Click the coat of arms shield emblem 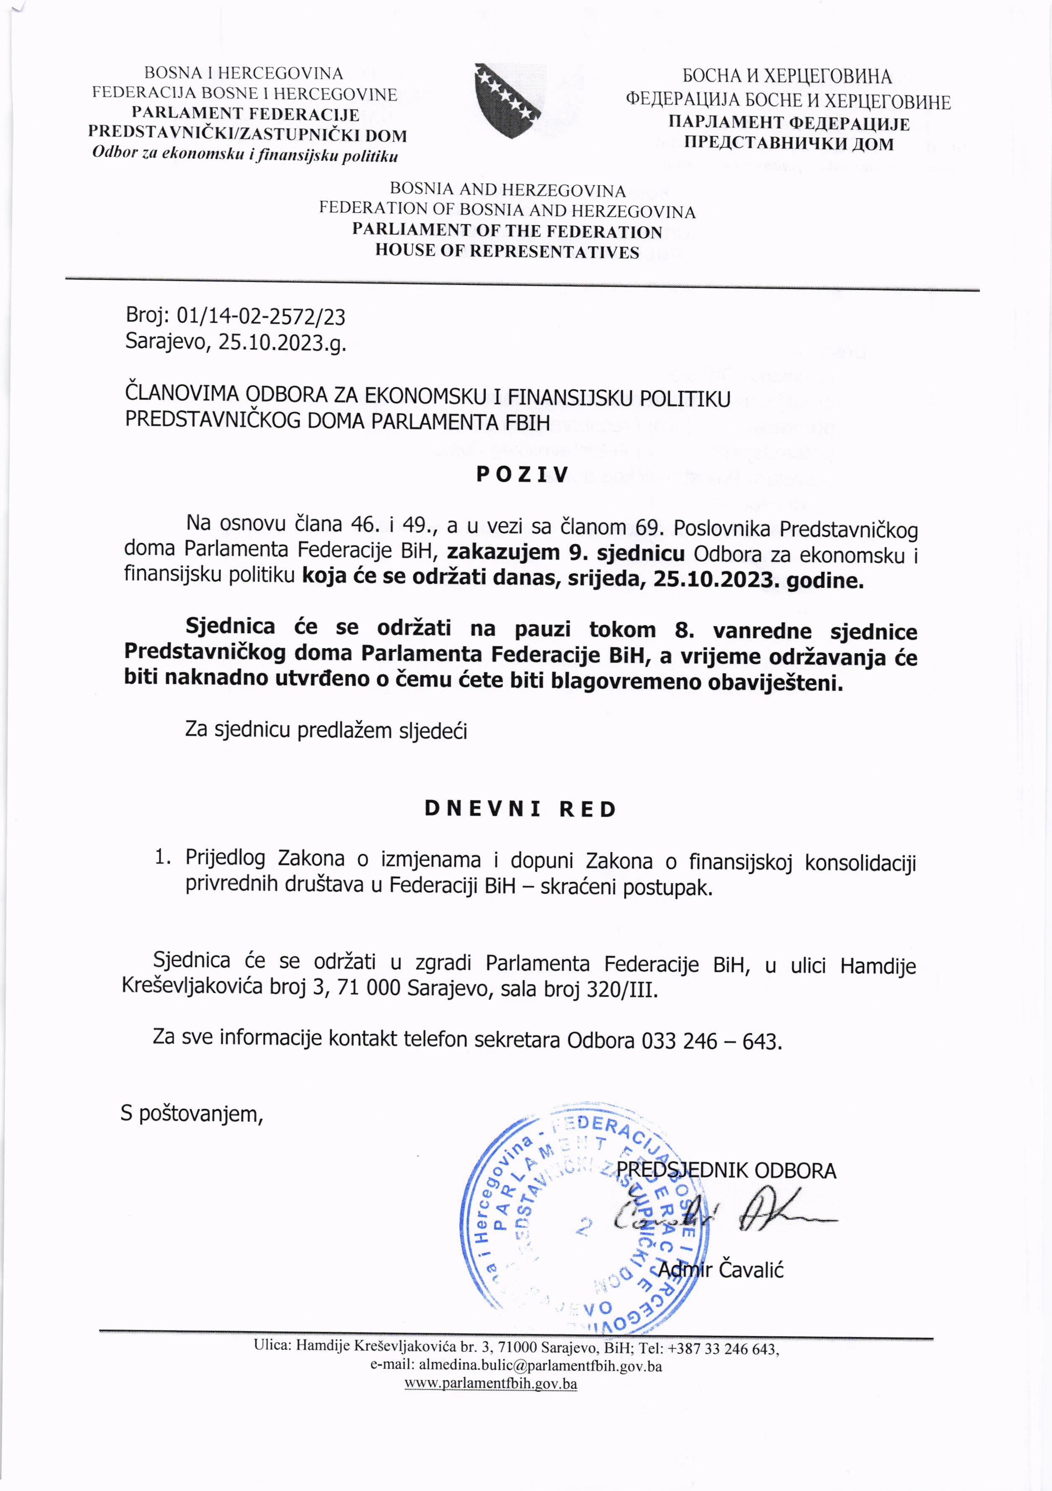pos(507,101)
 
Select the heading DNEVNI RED pos(520,809)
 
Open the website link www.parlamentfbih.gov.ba pos(491,1384)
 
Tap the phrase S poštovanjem pos(192,1114)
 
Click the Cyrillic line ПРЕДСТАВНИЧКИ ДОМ pos(789,143)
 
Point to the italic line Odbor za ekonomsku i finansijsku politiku pos(245,156)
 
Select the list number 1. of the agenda pos(162,858)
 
